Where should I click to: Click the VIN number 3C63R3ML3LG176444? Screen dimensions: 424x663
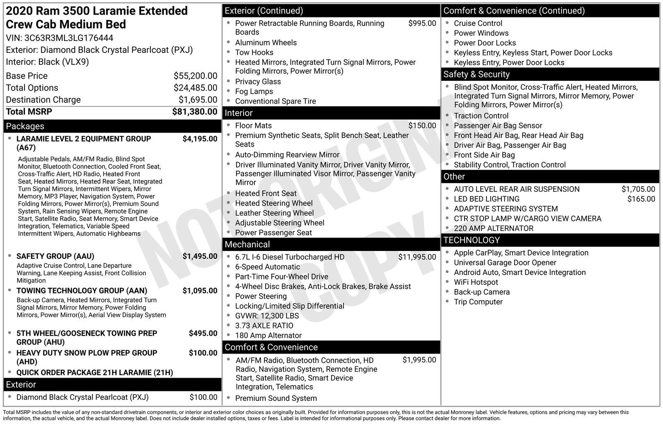pyautogui.click(x=69, y=38)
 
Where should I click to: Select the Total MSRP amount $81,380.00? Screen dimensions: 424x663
pyautogui.click(x=194, y=112)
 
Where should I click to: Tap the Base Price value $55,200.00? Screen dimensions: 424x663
pyautogui.click(x=195, y=76)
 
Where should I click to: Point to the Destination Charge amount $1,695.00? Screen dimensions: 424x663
pyautogui.click(x=198, y=100)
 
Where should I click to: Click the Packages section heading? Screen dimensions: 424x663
pyautogui.click(x=25, y=126)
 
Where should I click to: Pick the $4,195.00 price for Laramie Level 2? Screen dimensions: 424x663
pyautogui.click(x=200, y=139)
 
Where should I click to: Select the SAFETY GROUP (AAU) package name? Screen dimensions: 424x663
pyautogui.click(x=55, y=256)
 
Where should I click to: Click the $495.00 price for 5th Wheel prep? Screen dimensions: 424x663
pyautogui.click(x=203, y=333)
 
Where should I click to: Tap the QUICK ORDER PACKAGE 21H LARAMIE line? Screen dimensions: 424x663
pyautogui.click(x=94, y=373)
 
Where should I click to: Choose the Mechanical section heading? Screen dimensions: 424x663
pyautogui.click(x=247, y=245)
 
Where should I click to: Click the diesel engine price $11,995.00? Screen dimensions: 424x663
pyautogui.click(x=417, y=257)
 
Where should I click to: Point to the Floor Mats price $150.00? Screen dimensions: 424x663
pyautogui.click(x=422, y=126)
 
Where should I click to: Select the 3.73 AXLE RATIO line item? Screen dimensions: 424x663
pyautogui.click(x=264, y=326)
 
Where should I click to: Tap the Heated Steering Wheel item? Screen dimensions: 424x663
pyautogui.click(x=273, y=203)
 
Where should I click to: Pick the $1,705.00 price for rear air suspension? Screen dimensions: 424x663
pyautogui.click(x=638, y=189)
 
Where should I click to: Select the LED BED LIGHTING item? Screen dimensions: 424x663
pyautogui.click(x=486, y=199)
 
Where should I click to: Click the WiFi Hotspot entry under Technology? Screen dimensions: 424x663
pyautogui.click(x=476, y=282)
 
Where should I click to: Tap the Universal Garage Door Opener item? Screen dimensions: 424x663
pyautogui.click(x=505, y=263)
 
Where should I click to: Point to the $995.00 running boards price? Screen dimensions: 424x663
pyautogui.click(x=422, y=24)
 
